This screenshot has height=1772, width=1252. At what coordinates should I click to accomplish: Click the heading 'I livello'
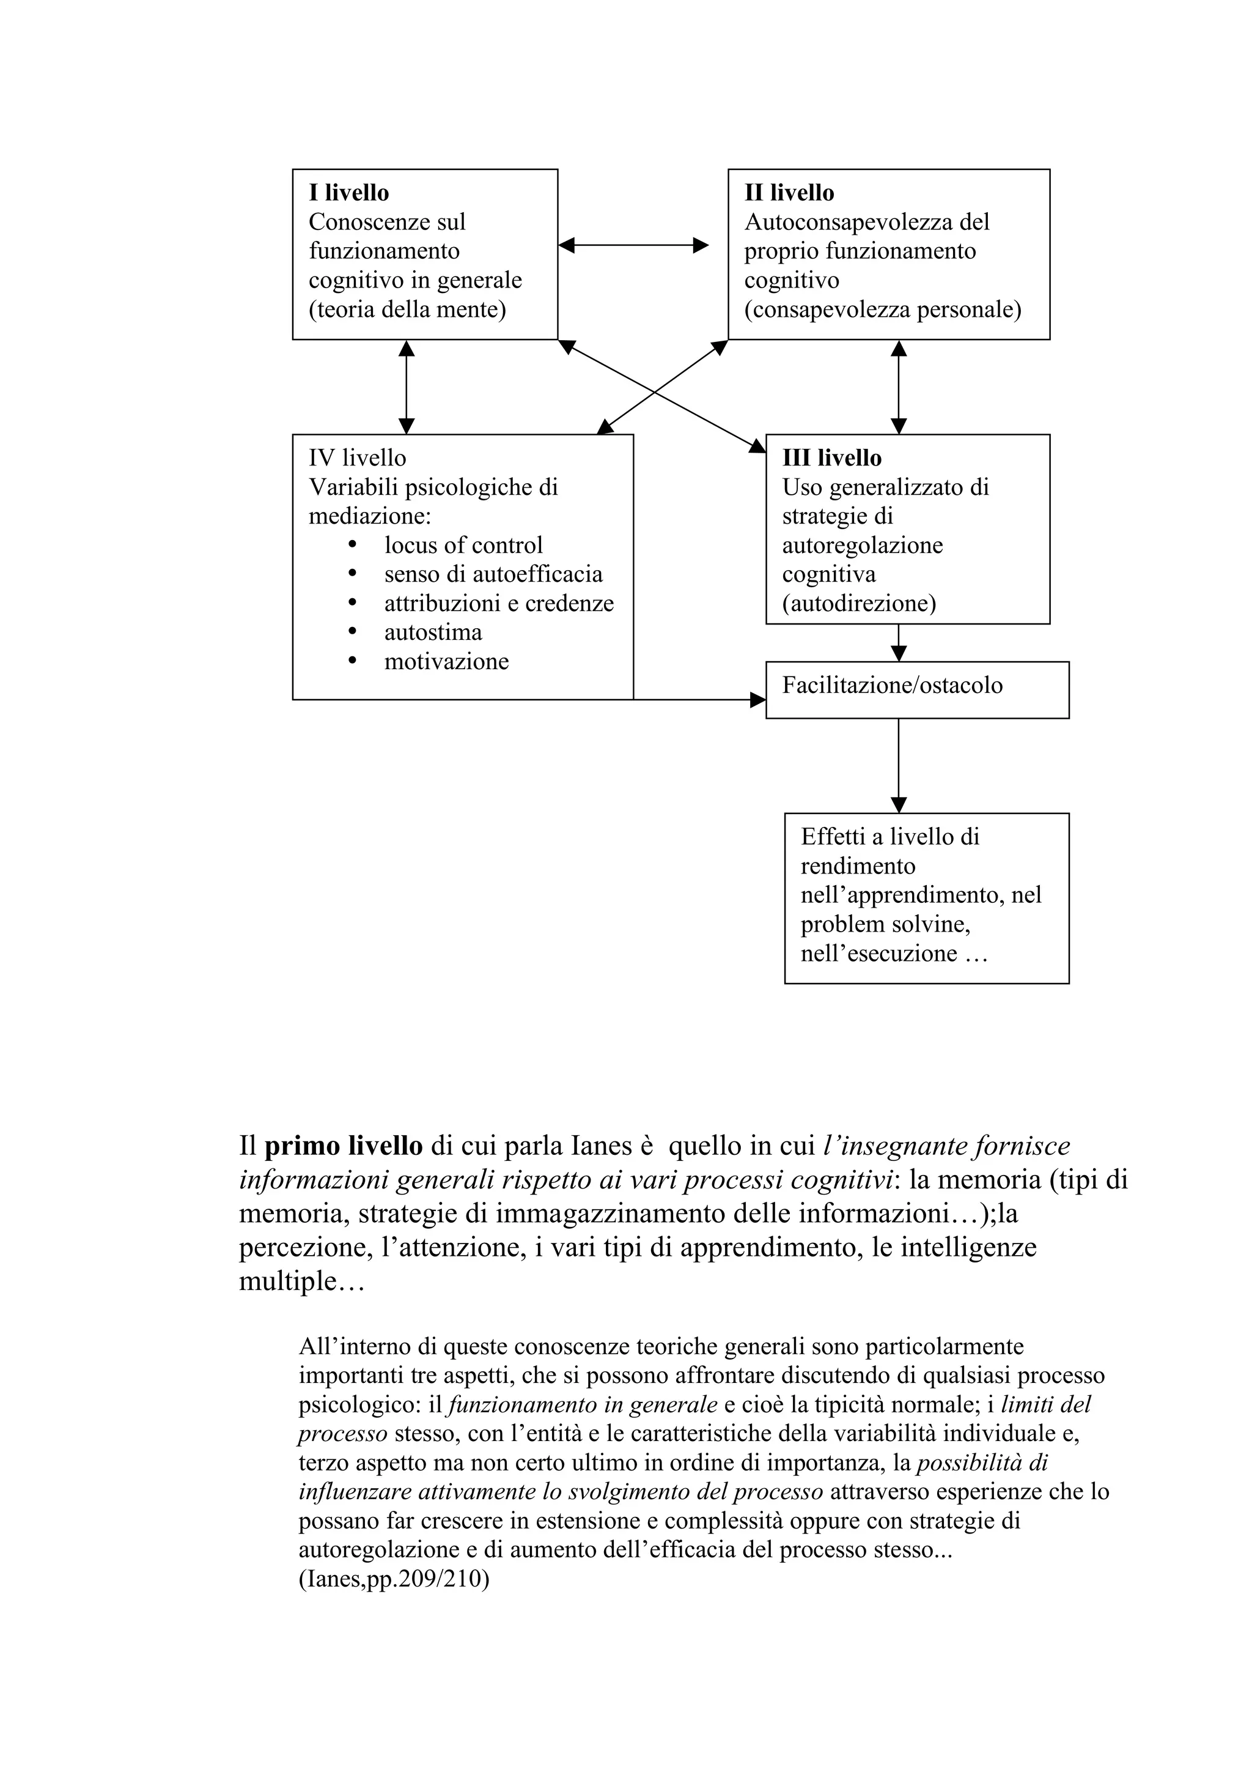[x=348, y=193]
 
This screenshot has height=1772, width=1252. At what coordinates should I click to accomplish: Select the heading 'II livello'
[x=789, y=193]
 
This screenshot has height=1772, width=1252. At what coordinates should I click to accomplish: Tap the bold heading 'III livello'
[x=831, y=458]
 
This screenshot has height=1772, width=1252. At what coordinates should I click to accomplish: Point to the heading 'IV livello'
[x=357, y=458]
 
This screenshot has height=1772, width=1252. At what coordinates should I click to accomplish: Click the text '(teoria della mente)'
[x=407, y=310]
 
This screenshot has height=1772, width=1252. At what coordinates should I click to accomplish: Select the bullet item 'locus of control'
[x=463, y=546]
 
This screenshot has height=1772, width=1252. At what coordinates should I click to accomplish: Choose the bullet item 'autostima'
[x=433, y=633]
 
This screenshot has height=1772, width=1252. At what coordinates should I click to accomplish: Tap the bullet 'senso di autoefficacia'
[x=493, y=574]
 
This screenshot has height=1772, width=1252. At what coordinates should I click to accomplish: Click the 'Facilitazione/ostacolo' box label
[x=892, y=685]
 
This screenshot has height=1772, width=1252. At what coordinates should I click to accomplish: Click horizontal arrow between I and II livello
[x=633, y=245]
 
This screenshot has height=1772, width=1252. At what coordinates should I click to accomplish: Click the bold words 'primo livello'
[x=344, y=1146]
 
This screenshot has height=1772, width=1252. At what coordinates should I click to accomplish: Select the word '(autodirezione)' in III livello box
[x=858, y=604]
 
